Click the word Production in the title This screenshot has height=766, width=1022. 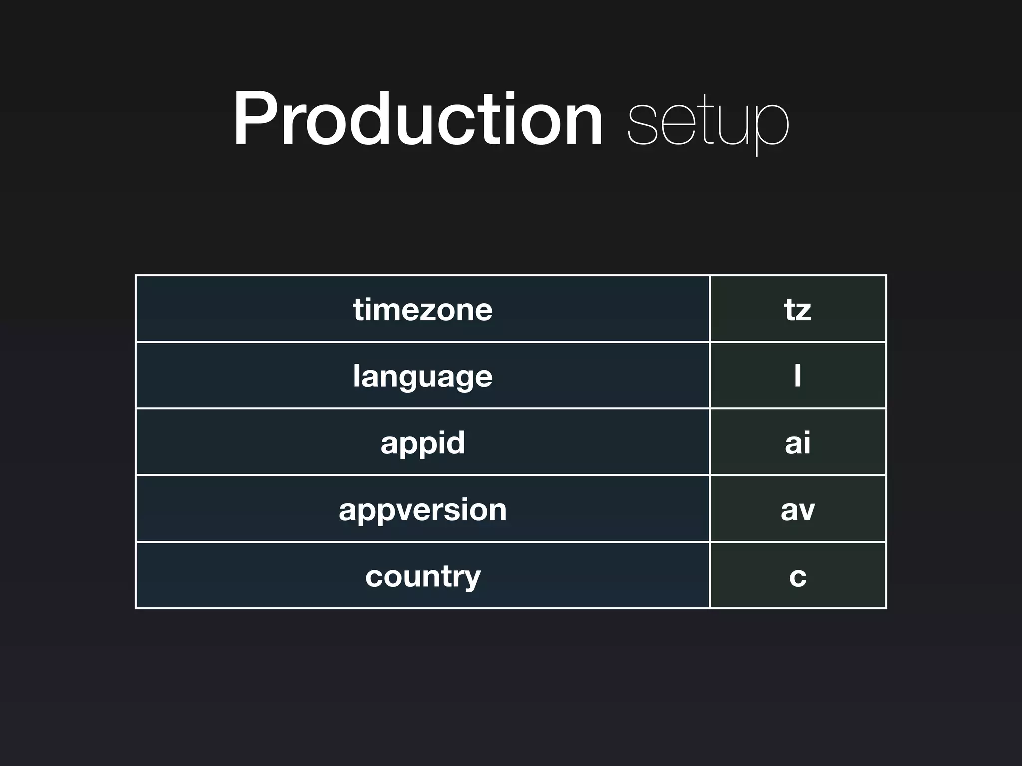click(x=418, y=120)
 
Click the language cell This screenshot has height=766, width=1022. click(x=423, y=376)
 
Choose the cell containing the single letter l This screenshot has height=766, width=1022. click(x=797, y=376)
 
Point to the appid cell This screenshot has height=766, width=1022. click(x=423, y=442)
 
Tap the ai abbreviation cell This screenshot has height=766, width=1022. click(x=797, y=442)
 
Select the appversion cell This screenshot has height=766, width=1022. click(x=423, y=509)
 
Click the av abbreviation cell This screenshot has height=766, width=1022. click(x=797, y=509)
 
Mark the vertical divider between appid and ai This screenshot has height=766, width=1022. click(x=710, y=442)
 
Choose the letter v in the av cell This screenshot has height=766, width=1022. click(x=806, y=511)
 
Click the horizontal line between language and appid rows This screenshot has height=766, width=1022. click(x=423, y=408)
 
